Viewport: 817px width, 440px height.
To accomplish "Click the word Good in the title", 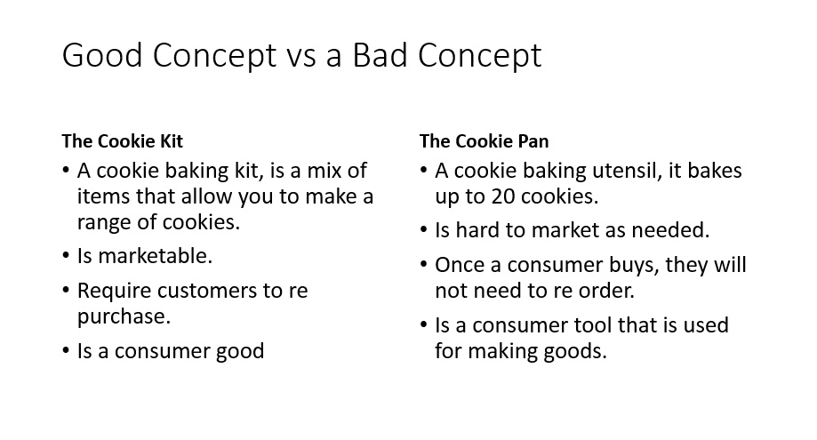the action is [102, 55].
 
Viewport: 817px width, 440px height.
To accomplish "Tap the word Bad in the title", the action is [380, 55].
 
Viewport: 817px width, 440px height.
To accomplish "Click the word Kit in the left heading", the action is [171, 141].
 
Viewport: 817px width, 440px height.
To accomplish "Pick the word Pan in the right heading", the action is [533, 141].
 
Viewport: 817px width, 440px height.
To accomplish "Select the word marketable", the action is [156, 256].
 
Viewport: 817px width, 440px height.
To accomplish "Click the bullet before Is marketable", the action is [66, 256].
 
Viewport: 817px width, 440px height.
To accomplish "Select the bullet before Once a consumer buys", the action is [423, 265].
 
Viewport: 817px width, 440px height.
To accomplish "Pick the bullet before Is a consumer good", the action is [66, 351].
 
